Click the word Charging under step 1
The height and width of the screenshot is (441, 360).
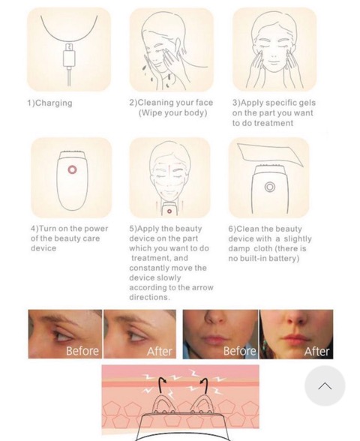54,103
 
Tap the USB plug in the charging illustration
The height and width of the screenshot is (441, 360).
69,55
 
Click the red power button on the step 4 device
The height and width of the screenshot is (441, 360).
72,169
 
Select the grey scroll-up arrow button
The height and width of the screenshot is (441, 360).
325,385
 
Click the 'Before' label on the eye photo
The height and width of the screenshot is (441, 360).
82,351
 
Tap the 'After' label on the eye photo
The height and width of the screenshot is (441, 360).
160,351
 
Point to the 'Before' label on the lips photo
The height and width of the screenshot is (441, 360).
240,351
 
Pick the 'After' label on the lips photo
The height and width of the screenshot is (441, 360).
316,351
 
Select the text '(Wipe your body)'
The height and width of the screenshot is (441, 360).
173,112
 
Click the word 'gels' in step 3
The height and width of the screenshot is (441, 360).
307,103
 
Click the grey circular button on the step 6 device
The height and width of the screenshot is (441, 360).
270,187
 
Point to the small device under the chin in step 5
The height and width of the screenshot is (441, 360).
169,209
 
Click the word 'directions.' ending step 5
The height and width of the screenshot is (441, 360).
150,297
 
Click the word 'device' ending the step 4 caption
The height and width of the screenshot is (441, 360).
43,248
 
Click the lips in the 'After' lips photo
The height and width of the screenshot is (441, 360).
295,337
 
